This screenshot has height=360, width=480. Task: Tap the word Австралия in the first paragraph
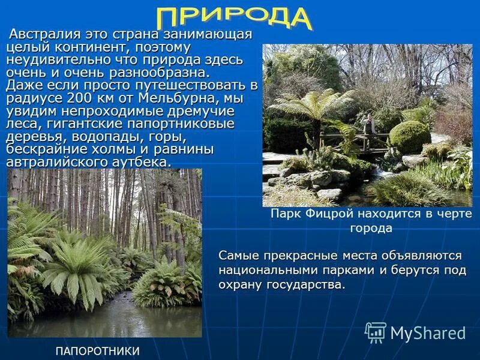tap(47, 34)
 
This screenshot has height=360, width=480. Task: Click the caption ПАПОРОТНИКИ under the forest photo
tap(98, 351)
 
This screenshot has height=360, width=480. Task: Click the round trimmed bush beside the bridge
tap(409, 137)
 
